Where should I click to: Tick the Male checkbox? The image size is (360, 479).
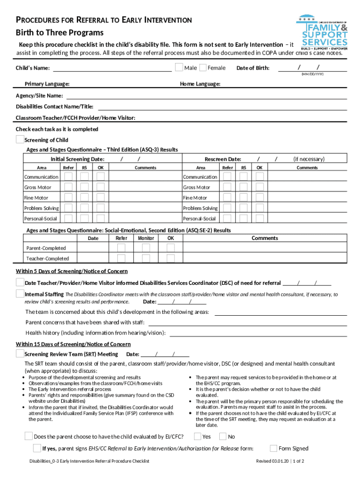coord(179,67)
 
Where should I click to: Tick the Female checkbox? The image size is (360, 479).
coord(203,68)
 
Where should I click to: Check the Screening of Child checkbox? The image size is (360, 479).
coord(20,139)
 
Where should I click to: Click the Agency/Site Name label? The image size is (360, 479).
coord(40,96)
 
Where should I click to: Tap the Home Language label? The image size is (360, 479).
coord(200,84)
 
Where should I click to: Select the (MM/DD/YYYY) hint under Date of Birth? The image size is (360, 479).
coord(313,74)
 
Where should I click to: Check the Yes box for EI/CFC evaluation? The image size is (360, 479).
coord(198,436)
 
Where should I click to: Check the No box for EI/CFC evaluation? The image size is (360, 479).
coord(223,436)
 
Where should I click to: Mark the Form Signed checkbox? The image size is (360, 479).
coord(274,448)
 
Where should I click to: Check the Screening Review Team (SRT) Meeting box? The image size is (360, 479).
coord(20,354)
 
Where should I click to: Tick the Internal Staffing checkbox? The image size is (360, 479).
coord(20,294)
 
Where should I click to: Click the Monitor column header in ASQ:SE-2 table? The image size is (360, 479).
coord(146,238)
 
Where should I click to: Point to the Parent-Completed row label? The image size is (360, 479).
coord(46,248)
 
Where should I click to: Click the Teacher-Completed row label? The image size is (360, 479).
coord(47,259)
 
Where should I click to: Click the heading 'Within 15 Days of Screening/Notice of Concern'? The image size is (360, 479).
coord(73,344)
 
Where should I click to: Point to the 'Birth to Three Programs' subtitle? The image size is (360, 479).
coord(60,33)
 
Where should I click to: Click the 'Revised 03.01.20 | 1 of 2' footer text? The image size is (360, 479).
coord(280,461)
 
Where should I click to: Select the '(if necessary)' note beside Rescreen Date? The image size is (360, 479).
coord(309,159)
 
